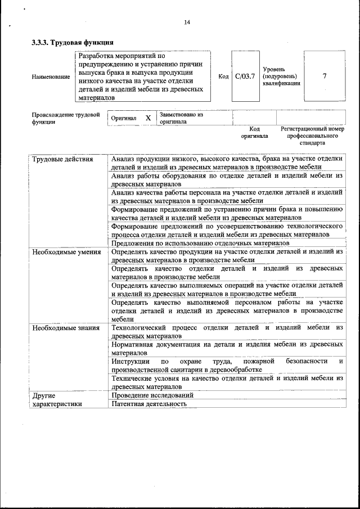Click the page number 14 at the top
point(187,22)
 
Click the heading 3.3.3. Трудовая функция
point(73,42)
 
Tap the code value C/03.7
point(245,76)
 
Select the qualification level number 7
point(325,76)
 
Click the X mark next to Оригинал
point(148,118)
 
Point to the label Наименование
point(51,76)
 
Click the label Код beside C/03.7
point(223,76)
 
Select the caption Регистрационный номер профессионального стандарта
point(312,136)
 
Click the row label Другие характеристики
point(57,399)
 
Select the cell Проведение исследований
point(152,395)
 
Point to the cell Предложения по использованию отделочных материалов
point(200,243)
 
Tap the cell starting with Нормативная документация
point(227,348)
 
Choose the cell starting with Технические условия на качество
point(227,382)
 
